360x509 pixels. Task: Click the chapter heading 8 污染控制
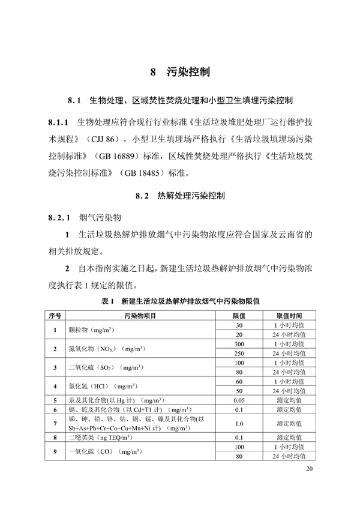(x=179, y=73)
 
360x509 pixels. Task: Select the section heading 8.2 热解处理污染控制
(x=180, y=196)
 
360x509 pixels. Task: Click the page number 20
(x=309, y=469)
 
